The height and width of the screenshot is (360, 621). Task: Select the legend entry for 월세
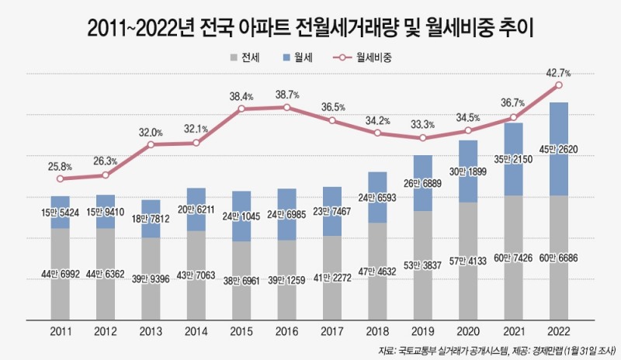(300, 58)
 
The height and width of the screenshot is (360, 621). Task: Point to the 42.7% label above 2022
(558, 73)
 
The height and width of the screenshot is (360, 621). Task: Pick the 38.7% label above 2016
(286, 94)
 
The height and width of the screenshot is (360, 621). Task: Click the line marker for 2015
(241, 109)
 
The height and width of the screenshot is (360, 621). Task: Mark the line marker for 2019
(422, 138)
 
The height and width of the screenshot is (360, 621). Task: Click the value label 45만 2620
(558, 149)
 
